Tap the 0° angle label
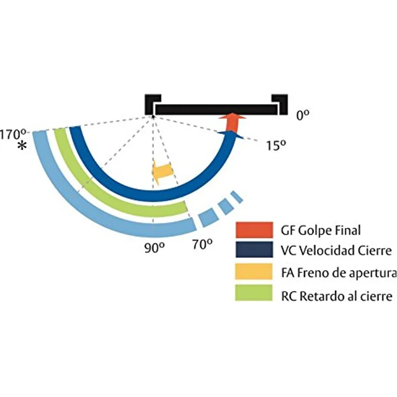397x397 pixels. [303, 115]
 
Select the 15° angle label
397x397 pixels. [276, 145]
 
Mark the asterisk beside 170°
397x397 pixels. [22, 146]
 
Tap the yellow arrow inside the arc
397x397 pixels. [162, 170]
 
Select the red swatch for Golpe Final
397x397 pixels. [254, 230]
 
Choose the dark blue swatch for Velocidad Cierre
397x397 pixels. [254, 250]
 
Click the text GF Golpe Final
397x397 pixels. [320, 230]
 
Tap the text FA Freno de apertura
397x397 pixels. [338, 272]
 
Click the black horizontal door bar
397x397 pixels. [216, 109]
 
